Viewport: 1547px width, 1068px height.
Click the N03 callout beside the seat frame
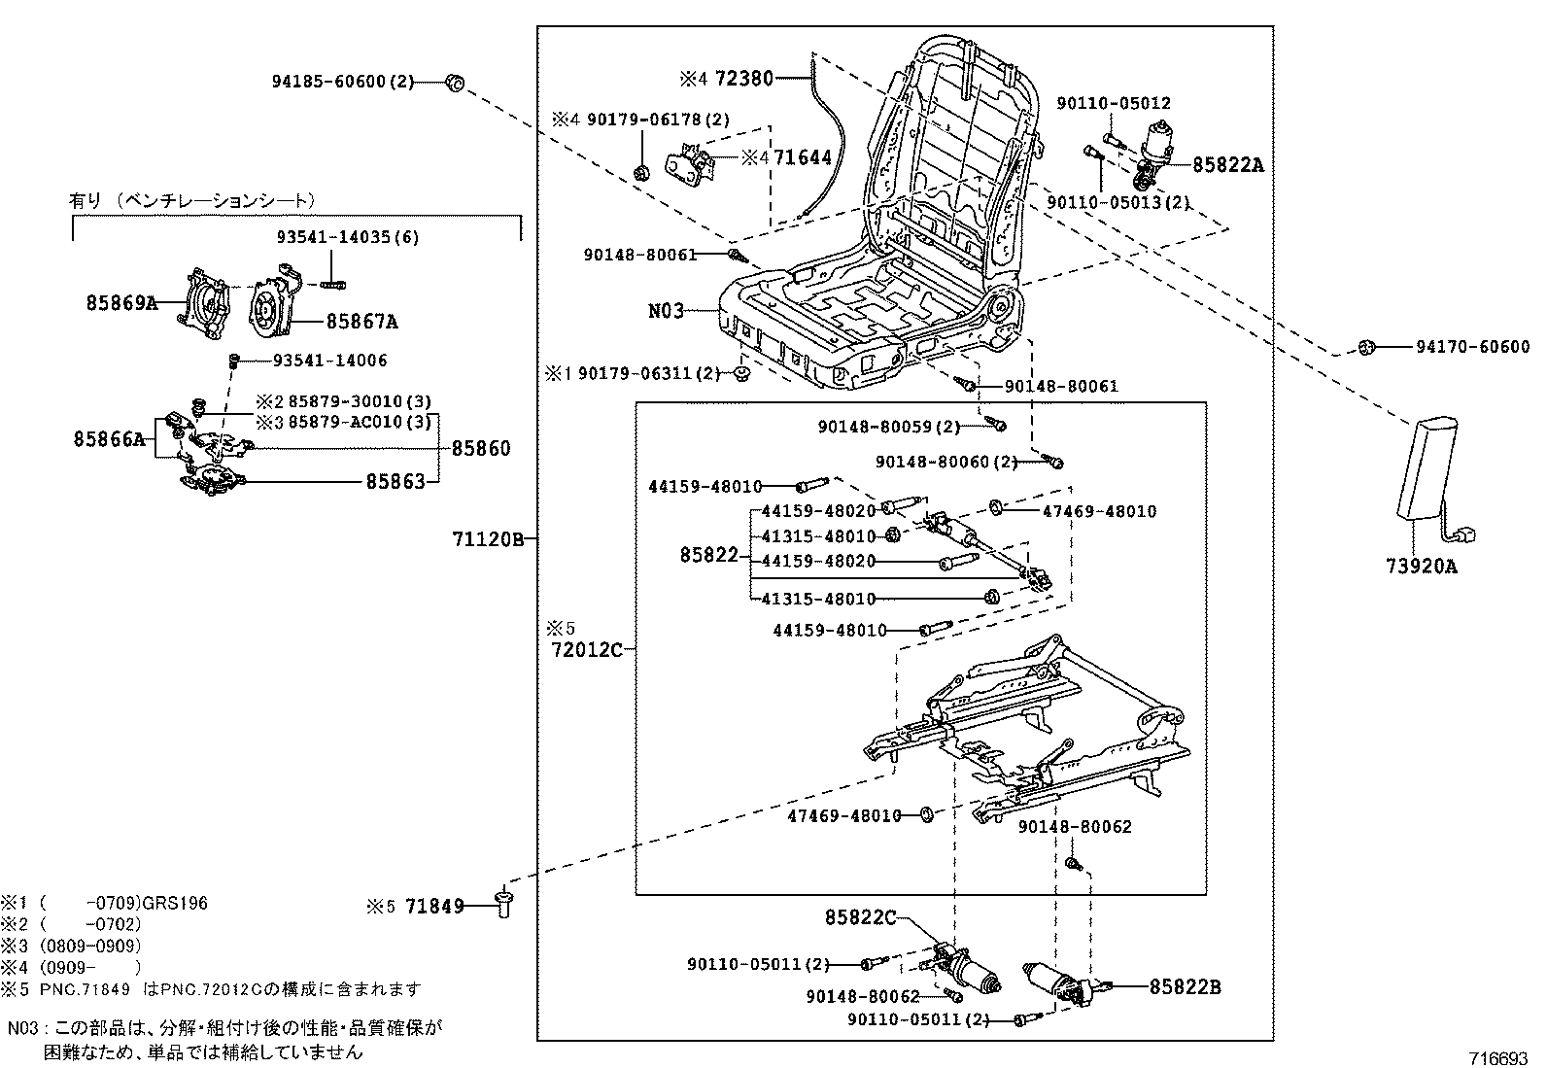tap(667, 311)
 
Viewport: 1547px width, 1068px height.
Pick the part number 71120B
tap(488, 537)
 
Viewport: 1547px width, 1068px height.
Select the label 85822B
tap(1185, 987)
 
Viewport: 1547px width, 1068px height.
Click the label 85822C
tap(860, 917)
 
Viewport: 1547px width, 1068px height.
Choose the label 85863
tap(395, 480)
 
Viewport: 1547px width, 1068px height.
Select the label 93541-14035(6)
tap(346, 237)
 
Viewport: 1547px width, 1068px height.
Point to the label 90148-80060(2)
tap(947, 462)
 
